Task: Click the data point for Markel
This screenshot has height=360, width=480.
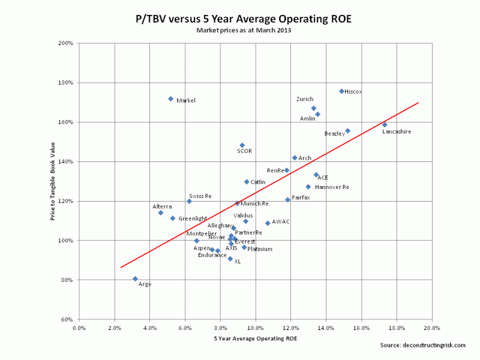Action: point(171,98)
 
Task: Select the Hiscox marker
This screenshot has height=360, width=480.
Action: point(341,91)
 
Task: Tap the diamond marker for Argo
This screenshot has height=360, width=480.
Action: point(135,278)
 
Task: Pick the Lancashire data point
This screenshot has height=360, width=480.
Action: point(385,125)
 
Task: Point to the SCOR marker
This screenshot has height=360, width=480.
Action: point(242,145)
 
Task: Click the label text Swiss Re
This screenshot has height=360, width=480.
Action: point(200,196)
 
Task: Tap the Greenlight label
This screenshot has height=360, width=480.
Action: point(193,218)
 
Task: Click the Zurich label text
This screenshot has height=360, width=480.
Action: point(305,99)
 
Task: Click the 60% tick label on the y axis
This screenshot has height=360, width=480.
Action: point(67,320)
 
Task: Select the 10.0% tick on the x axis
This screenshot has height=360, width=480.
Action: point(256,328)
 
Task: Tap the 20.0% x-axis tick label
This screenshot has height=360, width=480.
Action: point(432,328)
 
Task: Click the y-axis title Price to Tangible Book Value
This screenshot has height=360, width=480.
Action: point(53,181)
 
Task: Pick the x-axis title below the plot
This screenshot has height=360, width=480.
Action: point(255,339)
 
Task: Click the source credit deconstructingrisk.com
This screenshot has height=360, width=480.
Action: point(422,345)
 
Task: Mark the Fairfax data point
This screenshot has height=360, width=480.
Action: point(287,200)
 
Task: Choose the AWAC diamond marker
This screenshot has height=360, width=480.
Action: point(268,223)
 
